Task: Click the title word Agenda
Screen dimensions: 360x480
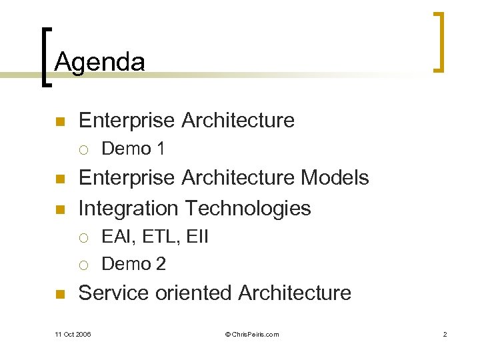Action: tap(99, 62)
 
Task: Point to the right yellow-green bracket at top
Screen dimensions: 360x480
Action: tap(439, 41)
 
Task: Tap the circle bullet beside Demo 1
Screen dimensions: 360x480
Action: tap(83, 149)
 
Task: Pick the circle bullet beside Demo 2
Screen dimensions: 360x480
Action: tap(83, 265)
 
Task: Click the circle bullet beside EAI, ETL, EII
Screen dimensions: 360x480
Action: tap(83, 237)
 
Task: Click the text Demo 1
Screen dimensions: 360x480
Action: tap(133, 149)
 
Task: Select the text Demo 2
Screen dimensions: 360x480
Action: tap(133, 264)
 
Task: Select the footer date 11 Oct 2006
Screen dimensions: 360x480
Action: tap(73, 334)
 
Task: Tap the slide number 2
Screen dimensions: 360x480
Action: tap(445, 334)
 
